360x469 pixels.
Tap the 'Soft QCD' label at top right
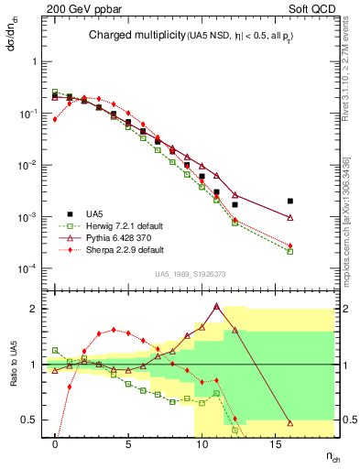pyautogui.click(x=313, y=8)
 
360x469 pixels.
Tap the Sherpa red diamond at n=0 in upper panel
pyautogui.click(x=55, y=119)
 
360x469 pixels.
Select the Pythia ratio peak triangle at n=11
pyautogui.click(x=216, y=307)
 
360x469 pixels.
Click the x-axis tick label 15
pyautogui.click(x=275, y=444)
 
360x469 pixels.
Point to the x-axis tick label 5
pyautogui.click(x=128, y=444)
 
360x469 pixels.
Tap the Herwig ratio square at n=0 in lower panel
pyautogui.click(x=55, y=350)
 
